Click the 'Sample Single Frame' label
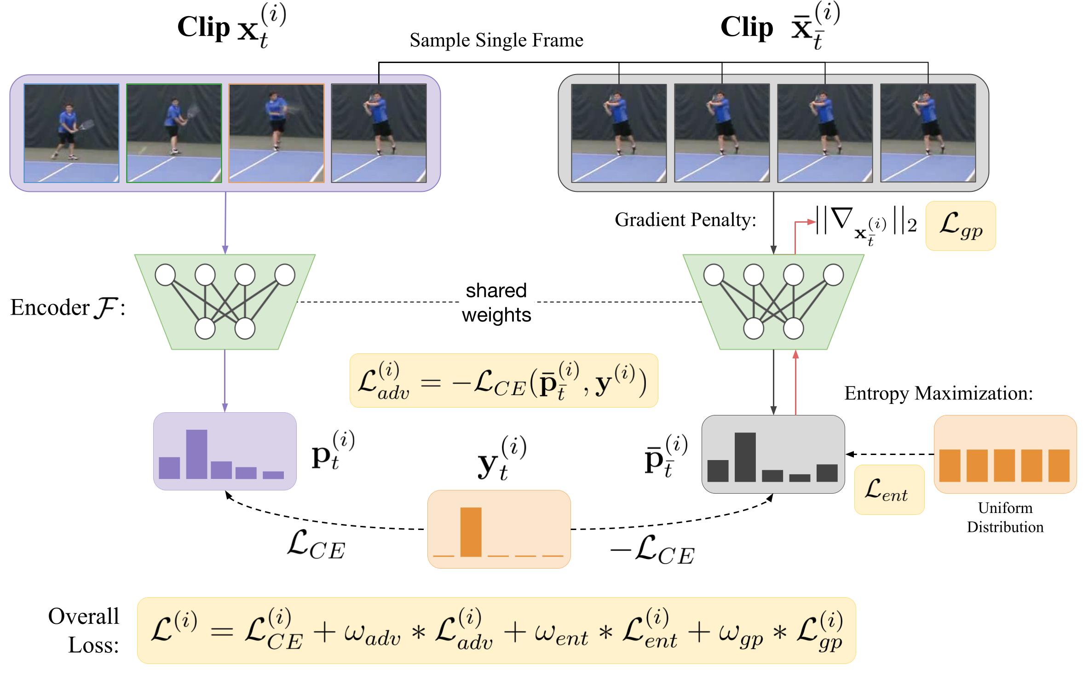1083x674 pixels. pos(496,40)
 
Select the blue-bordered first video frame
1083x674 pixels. pos(71,133)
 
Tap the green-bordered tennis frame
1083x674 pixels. pos(174,133)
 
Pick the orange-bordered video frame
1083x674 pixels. pos(276,133)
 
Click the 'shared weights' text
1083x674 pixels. pos(496,303)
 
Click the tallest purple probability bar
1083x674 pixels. pos(196,454)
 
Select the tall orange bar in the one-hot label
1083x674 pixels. pos(471,532)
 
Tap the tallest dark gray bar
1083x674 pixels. pos(745,457)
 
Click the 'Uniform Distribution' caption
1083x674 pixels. pos(1005,517)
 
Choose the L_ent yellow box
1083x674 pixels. pos(888,490)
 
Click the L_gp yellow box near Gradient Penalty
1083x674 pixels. pos(960,226)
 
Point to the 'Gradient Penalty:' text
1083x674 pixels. pos(685,220)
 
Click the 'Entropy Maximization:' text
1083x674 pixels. pos(939,393)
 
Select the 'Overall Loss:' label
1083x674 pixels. pos(84,630)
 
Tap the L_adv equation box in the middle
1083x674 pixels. pos(503,380)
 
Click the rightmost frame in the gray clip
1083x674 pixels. pos(927,133)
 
